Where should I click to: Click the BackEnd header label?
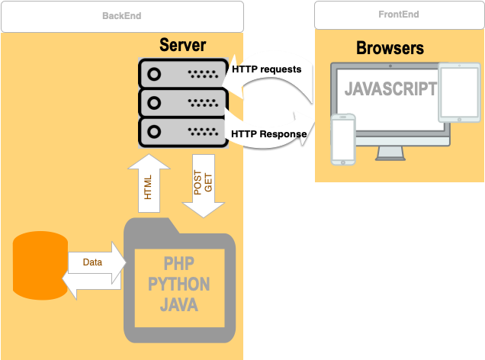tap(121, 16)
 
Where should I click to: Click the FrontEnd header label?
tap(398, 14)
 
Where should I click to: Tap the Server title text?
tap(182, 45)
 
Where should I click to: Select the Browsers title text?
tap(390, 49)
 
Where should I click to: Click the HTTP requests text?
tap(266, 69)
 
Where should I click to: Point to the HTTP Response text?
tap(268, 134)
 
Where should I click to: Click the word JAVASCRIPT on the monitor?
tap(390, 89)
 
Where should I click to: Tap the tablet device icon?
tap(458, 92)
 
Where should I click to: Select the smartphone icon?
tap(343, 139)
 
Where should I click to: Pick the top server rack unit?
tap(182, 73)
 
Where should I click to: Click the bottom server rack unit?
tap(182, 132)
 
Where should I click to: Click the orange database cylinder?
tap(40, 265)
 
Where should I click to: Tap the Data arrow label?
tap(92, 262)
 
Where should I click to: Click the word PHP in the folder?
tap(179, 264)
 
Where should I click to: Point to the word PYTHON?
tap(179, 285)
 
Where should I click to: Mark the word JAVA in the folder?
tap(179, 306)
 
